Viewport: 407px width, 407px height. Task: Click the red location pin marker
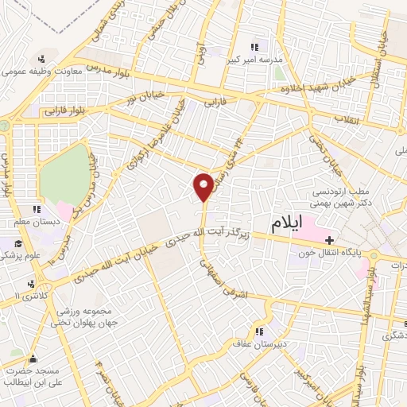[203, 185]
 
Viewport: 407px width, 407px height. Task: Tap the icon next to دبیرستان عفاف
[258, 331]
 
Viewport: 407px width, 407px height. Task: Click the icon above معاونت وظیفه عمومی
[41, 58]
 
